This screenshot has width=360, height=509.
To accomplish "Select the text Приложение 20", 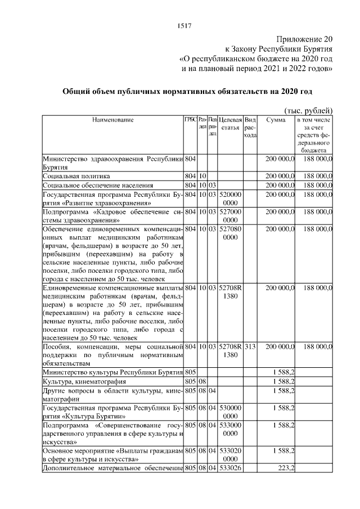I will click(304, 39).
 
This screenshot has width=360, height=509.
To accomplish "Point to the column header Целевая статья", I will click(231, 124).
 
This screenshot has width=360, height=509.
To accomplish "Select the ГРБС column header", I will click(191, 120).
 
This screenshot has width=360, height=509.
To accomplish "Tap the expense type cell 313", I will click(250, 347).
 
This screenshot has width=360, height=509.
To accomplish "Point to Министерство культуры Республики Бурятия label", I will click(112, 372).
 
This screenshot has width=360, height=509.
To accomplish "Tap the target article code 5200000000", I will click(230, 198).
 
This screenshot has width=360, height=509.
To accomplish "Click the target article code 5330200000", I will click(230, 455).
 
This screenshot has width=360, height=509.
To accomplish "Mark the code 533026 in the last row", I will click(230, 468).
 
